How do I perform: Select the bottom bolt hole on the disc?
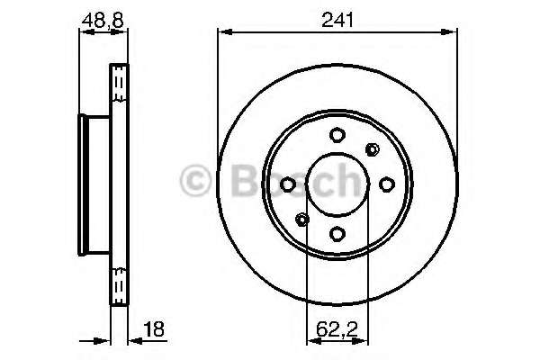pyautogui.click(x=337, y=234)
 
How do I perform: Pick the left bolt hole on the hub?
pyautogui.click(x=288, y=184)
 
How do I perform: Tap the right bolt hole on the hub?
pyautogui.click(x=386, y=184)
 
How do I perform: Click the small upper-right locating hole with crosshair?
pyautogui.click(x=371, y=149)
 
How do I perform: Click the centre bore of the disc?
pyautogui.click(x=337, y=184)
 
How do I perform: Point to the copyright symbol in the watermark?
pyautogui.click(x=194, y=180)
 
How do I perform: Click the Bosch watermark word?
pyautogui.click(x=288, y=180)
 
